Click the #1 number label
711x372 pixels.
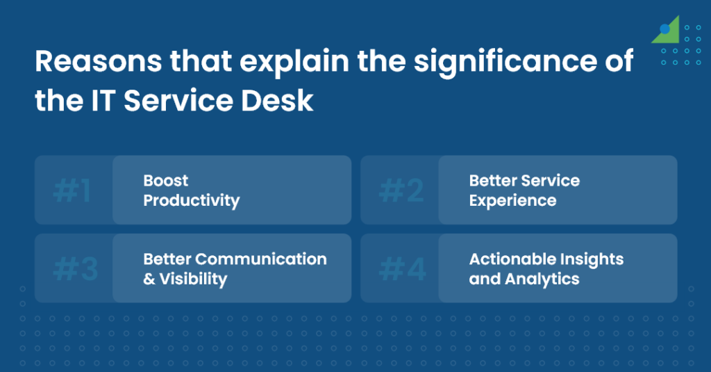pyautogui.click(x=72, y=191)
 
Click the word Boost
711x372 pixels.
pyautogui.click(x=165, y=181)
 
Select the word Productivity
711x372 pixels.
pyautogui.click(x=191, y=201)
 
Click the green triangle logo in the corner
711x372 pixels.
pyautogui.click(x=667, y=31)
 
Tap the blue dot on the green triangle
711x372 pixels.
pyautogui.click(x=664, y=29)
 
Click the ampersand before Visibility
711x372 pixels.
pyautogui.click(x=149, y=280)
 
